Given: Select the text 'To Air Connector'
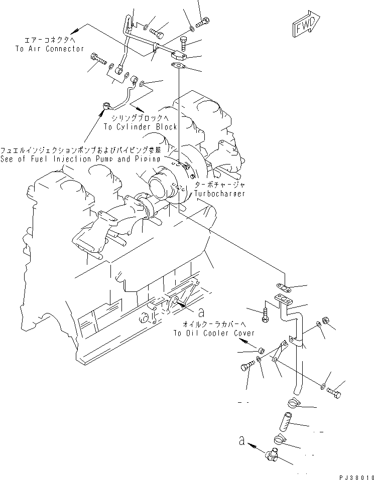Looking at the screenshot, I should (49, 49).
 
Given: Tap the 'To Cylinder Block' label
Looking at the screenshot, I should (140, 127).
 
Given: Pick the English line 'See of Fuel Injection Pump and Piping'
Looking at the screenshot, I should (80, 158).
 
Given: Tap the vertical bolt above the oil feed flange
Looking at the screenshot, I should (184, 44).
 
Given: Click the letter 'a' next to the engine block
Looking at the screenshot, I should (200, 312).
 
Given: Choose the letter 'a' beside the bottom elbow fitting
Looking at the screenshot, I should (242, 442).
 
